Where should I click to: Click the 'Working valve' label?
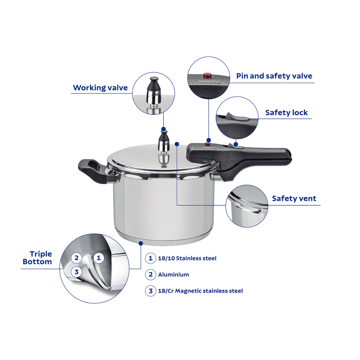pos(100,88)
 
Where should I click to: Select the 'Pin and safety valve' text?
pos(274,76)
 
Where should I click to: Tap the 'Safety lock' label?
pos(286,112)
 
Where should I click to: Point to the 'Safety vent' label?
pos(294,198)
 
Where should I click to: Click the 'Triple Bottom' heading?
pos(37,258)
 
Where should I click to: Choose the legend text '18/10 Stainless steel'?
pos(187,258)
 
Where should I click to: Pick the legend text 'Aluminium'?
pos(173,274)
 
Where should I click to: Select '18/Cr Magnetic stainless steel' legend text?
pos(200,291)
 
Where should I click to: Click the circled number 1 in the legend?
pos(151,258)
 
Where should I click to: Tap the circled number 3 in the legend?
pos(151,291)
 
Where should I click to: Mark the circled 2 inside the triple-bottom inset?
pos(76,258)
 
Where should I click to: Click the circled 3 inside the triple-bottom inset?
pos(76,272)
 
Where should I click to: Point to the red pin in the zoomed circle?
pos(207,75)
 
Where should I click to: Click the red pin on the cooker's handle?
pos(208,144)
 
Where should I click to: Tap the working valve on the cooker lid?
pos(163,147)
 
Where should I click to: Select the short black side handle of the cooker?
pos(93,171)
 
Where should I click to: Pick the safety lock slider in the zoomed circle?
pos(237,118)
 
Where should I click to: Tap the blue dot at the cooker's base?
pos(141,244)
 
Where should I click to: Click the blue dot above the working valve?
pos(163,129)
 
